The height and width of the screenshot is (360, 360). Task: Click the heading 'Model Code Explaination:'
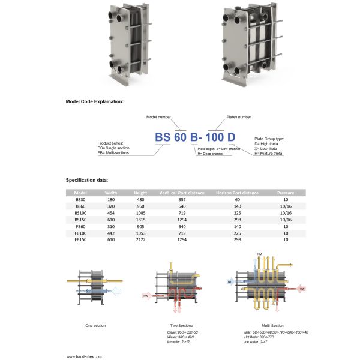(x=94, y=102)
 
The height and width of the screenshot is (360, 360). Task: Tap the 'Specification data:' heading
(x=87, y=180)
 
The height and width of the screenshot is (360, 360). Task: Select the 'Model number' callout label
(x=160, y=117)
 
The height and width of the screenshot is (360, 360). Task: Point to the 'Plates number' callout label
(x=238, y=117)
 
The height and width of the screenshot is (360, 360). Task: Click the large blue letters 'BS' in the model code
(x=163, y=137)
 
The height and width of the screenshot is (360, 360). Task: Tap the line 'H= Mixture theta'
(x=269, y=153)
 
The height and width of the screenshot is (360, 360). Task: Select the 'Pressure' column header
(x=286, y=193)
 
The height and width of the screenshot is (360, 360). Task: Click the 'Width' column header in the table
(x=111, y=193)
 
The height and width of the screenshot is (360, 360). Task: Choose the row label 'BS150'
(x=80, y=219)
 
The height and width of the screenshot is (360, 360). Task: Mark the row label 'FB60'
(x=80, y=226)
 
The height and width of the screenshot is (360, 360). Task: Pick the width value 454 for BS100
(x=111, y=212)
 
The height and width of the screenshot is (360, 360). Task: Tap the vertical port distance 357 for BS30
(x=181, y=199)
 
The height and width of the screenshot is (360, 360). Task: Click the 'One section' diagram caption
(x=95, y=325)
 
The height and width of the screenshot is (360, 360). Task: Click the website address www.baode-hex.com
(x=86, y=355)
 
